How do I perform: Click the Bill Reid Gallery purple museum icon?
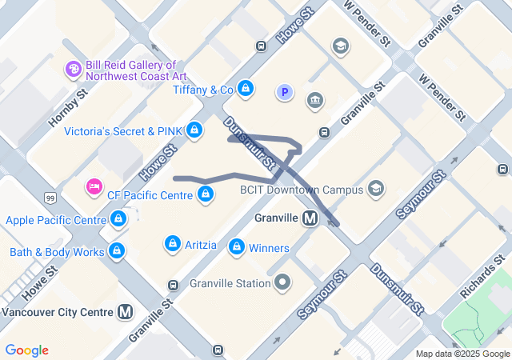pos(74,70)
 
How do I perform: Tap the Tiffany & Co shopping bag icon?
pos(246,88)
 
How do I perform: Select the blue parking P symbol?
pos(284,93)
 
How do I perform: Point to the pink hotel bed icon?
pos(94,187)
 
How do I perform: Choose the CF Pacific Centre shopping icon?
pos(206,193)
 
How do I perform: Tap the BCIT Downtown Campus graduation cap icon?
pos(376,190)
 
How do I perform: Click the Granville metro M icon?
pos(310,218)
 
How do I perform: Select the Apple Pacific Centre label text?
pos(55,220)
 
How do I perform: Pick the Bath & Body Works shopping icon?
pos(118,251)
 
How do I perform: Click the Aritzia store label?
pos(201,245)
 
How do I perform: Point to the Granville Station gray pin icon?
pos(282,282)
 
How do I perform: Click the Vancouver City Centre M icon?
pos(125,312)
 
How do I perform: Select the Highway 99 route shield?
pos(50,197)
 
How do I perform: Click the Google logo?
pos(26,350)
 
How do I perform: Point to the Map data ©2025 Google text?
pos(462,354)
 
